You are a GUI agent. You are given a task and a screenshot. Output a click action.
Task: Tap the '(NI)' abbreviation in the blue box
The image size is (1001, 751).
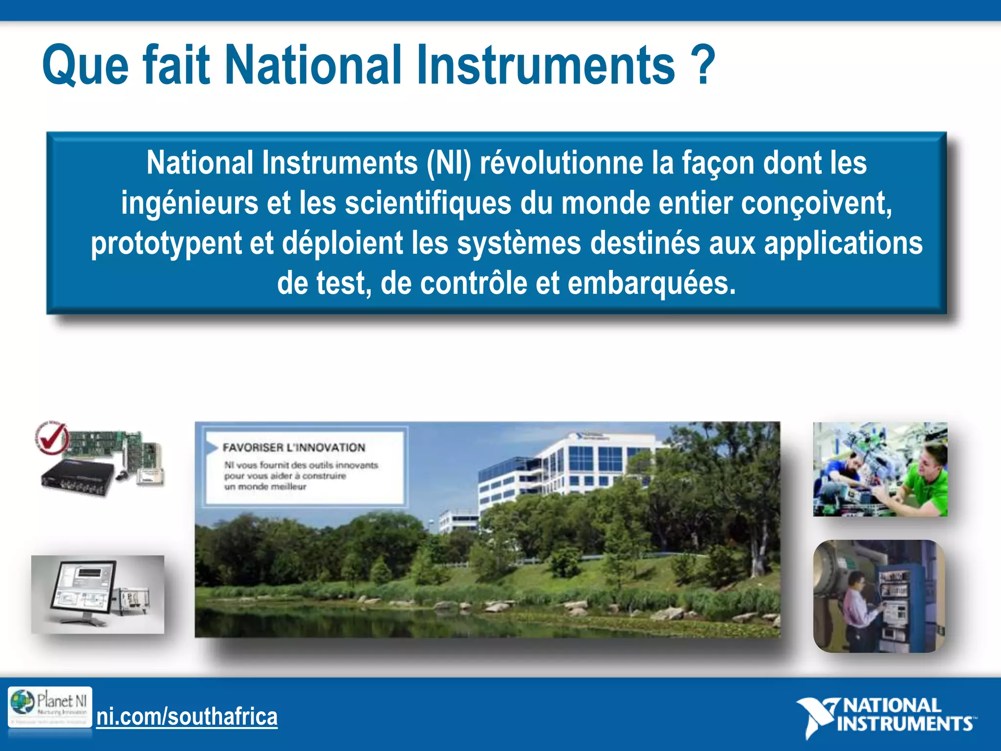click(x=449, y=163)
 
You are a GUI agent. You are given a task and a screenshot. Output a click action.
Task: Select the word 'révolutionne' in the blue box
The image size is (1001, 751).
click(x=561, y=163)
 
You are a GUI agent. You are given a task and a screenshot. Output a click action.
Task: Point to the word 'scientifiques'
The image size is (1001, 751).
click(x=428, y=203)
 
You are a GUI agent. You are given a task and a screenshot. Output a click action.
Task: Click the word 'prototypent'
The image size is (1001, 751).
click(x=166, y=243)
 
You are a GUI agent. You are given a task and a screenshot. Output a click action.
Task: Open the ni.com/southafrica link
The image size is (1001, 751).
click(x=187, y=717)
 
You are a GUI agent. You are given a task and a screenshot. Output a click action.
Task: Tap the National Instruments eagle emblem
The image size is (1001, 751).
click(x=815, y=716)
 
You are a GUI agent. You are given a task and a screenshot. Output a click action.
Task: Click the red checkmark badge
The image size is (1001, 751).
click(x=51, y=437)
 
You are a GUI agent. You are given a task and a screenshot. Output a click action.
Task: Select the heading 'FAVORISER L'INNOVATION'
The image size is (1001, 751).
click(x=294, y=447)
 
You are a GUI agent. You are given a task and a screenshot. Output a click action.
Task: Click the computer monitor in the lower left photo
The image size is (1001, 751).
click(x=83, y=592)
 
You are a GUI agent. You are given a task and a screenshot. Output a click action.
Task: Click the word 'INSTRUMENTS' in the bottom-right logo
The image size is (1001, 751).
click(x=904, y=724)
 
